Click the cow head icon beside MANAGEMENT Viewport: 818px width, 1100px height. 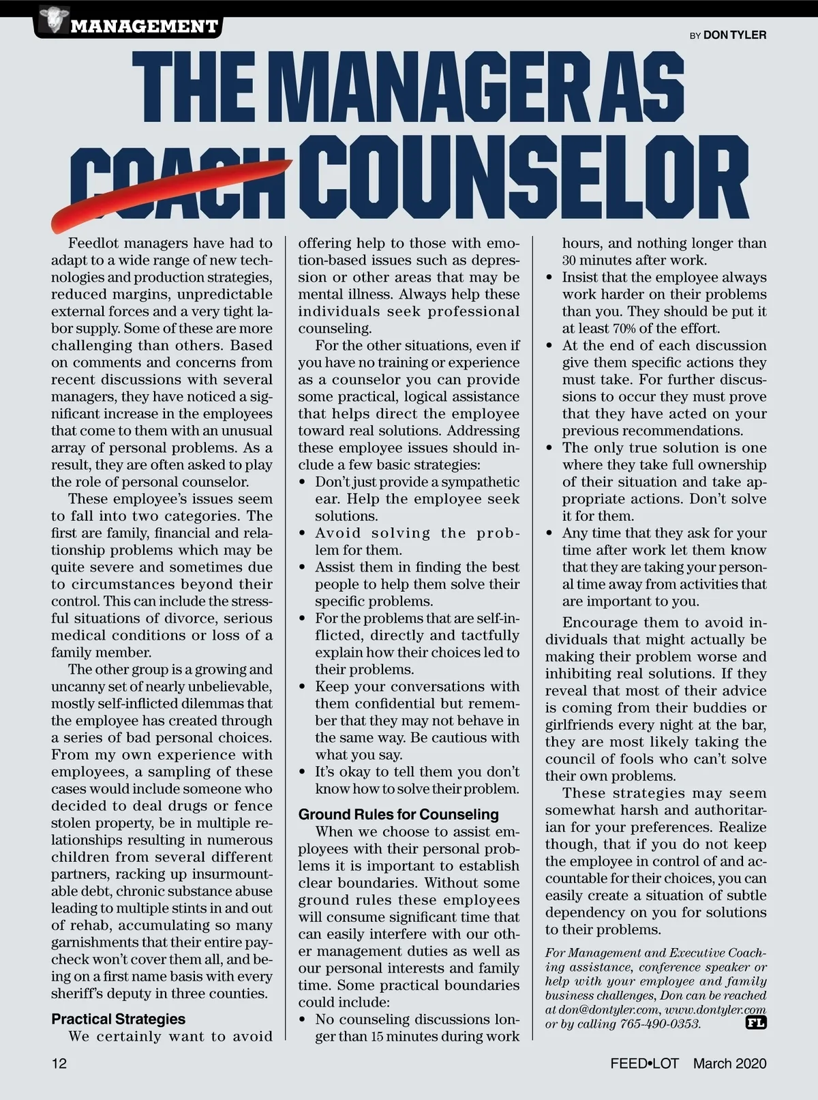coord(50,20)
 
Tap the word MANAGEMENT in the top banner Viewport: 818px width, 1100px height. coord(144,27)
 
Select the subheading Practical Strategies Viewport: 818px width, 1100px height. coord(119,1019)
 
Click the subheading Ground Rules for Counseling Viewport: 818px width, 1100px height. coord(399,814)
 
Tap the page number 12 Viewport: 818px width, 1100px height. coord(59,1063)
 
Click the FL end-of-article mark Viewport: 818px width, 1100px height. coord(756,1023)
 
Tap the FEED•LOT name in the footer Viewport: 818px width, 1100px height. coord(644,1063)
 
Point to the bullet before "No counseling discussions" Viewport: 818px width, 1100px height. coord(303,1020)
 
